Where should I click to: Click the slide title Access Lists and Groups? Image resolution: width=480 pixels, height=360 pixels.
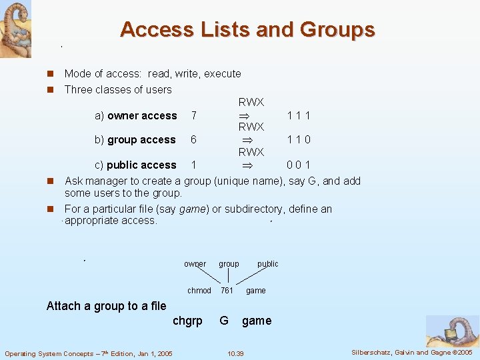coord(247,30)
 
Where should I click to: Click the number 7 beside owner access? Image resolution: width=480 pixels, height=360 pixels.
coord(193,116)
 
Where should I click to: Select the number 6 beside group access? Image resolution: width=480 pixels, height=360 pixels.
coord(193,140)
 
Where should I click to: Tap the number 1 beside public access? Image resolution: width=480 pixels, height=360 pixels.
coord(193,165)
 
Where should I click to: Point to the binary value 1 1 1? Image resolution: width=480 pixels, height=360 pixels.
coord(299,116)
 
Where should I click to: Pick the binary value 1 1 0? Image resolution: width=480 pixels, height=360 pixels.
coord(299,140)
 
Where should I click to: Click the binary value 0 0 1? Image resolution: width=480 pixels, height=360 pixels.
coord(299,165)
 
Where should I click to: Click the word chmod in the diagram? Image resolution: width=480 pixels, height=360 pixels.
coord(199,291)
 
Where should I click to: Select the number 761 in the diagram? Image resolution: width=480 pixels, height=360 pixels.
coord(227,291)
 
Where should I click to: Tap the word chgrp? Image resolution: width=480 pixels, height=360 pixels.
coord(187,321)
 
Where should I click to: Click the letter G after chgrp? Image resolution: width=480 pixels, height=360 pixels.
coord(224,321)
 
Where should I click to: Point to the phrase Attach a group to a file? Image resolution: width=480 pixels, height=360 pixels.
coord(106,306)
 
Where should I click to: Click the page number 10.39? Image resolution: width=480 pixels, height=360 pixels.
coord(235,353)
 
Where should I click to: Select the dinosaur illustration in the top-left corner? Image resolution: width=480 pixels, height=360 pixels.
coord(15,29)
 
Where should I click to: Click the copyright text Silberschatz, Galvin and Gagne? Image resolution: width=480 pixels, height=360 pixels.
coord(412,352)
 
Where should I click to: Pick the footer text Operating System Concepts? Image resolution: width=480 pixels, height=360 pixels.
coord(88,353)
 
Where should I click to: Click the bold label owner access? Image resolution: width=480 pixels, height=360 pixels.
coord(142,116)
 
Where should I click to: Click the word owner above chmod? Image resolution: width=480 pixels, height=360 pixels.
coord(195,264)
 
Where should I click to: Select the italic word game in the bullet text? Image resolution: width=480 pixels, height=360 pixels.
coord(191,209)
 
